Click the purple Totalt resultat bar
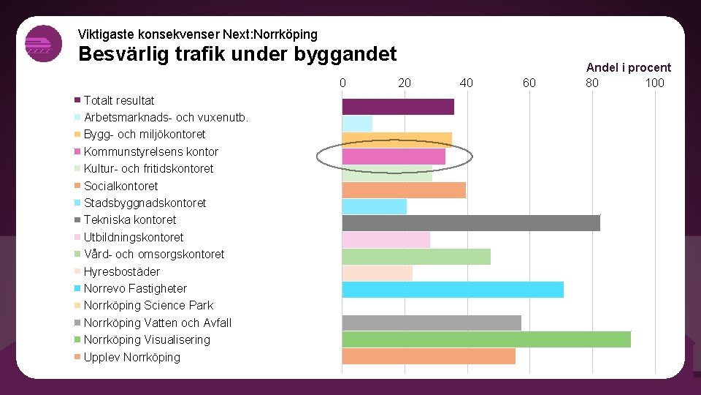(x=398, y=106)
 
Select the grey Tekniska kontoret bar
(x=471, y=222)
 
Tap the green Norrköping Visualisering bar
(x=486, y=339)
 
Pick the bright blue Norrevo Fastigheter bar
(x=453, y=290)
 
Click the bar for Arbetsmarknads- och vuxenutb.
(x=357, y=123)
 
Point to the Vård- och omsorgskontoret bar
(x=416, y=256)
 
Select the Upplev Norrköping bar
(x=429, y=356)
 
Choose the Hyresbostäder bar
(x=378, y=273)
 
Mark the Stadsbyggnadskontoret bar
(x=375, y=206)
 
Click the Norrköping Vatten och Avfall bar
(x=432, y=323)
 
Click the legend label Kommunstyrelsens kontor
(x=150, y=151)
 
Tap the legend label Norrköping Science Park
(x=148, y=305)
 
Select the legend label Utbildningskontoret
(x=134, y=237)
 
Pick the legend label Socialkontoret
(x=120, y=186)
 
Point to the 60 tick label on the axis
(x=529, y=83)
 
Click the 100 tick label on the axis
(x=655, y=83)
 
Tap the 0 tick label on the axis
(x=342, y=83)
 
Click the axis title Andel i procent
(x=628, y=67)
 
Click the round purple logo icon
(x=43, y=43)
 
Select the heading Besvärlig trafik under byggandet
(x=237, y=54)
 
